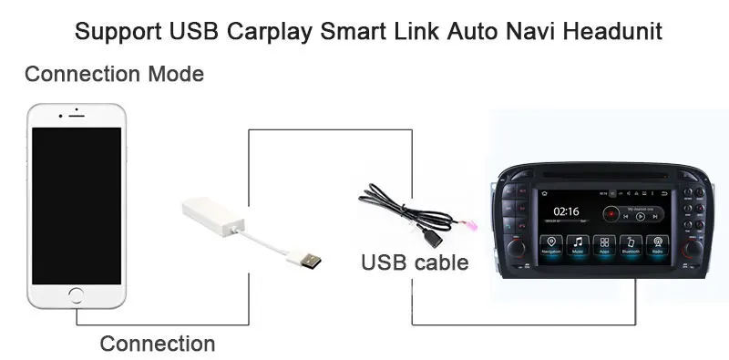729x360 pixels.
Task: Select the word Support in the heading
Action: [x=118, y=32]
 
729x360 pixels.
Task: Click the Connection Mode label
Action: [x=114, y=74]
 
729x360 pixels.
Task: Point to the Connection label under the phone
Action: [x=157, y=344]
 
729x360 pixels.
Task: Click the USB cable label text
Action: [x=415, y=263]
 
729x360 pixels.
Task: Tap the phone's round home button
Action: [x=76, y=295]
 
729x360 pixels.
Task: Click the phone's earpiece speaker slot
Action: [x=76, y=116]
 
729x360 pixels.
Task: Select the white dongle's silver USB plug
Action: [x=304, y=258]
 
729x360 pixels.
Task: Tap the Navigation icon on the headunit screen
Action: [x=550, y=244]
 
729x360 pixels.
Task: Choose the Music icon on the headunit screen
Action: [x=577, y=244]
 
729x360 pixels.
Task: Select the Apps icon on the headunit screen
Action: [x=603, y=244]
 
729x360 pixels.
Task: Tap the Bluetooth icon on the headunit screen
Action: [x=631, y=244]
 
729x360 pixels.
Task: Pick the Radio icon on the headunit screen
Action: [x=656, y=244]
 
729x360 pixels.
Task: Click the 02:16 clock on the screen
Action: [x=565, y=211]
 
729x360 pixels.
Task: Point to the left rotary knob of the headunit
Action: [x=517, y=247]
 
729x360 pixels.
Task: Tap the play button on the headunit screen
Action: [x=640, y=217]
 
